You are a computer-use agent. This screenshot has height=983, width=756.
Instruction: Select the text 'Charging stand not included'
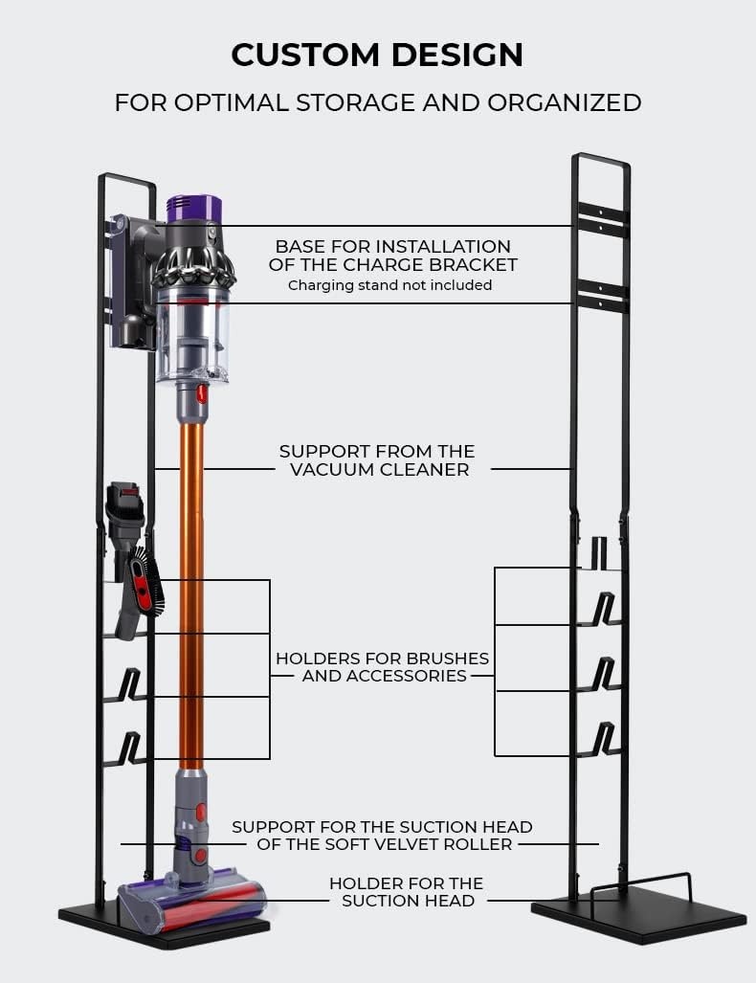pyautogui.click(x=389, y=285)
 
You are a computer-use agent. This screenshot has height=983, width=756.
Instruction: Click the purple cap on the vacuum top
pyautogui.click(x=194, y=208)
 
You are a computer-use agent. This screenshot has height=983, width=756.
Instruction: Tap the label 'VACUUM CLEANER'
pyautogui.click(x=379, y=469)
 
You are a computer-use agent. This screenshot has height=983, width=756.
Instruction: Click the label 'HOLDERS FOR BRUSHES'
pyautogui.click(x=382, y=659)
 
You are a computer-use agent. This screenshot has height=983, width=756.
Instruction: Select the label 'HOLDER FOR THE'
pyautogui.click(x=406, y=882)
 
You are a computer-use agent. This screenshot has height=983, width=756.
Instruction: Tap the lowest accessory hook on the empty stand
pyautogui.click(x=604, y=740)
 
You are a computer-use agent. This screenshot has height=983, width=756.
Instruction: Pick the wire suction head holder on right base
pyautogui.click(x=640, y=884)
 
